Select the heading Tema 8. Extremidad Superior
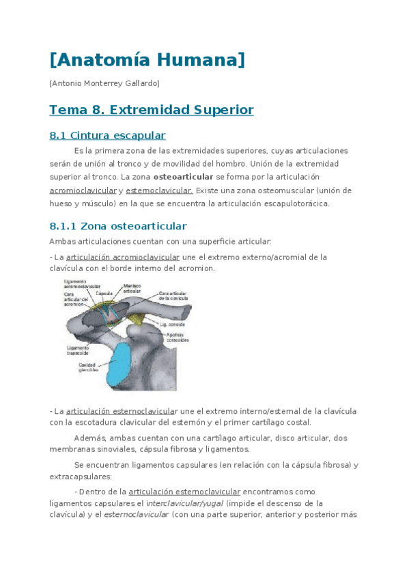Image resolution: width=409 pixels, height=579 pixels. pos(152,110)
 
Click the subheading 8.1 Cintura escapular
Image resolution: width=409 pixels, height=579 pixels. pos(108,135)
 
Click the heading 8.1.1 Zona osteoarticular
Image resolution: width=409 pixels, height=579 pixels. pos(118,226)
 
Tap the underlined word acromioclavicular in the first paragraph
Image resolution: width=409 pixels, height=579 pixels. pos(82,190)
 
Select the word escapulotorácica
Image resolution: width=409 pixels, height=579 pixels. pos(293,203)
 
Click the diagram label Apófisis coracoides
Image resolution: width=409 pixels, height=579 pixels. pos(178,337)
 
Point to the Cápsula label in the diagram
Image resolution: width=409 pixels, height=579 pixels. pos(104,293)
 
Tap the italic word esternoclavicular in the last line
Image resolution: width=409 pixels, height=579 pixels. pos(136,514)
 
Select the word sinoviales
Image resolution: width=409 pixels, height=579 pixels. pos(113,449)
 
